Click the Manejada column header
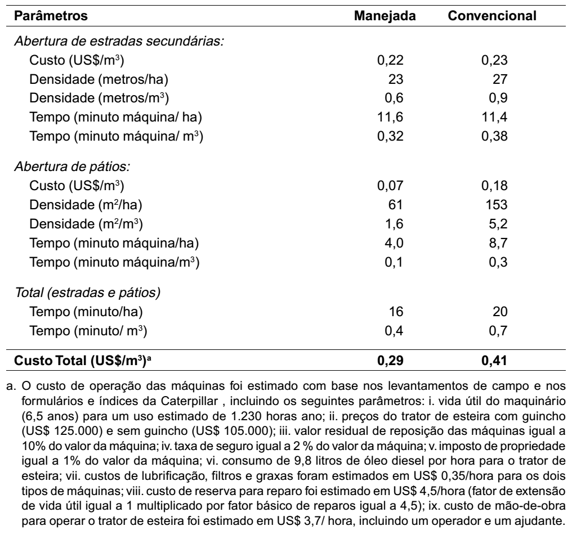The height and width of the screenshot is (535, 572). (x=385, y=16)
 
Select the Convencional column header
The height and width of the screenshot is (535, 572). (x=492, y=16)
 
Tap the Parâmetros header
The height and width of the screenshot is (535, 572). (x=51, y=16)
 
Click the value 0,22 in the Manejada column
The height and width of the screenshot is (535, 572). (x=390, y=60)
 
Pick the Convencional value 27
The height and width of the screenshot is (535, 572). (x=500, y=79)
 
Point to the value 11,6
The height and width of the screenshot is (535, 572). (x=390, y=117)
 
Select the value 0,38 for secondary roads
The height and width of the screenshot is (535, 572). (x=494, y=136)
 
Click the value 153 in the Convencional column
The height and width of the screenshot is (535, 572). (x=497, y=204)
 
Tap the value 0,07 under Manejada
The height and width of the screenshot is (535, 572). (x=390, y=186)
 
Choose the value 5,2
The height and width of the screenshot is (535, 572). (x=498, y=224)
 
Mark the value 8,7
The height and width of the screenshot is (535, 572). (x=498, y=242)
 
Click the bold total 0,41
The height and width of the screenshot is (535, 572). (x=494, y=361)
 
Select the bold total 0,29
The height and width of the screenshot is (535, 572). (x=390, y=361)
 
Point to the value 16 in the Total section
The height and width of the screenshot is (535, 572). (x=396, y=312)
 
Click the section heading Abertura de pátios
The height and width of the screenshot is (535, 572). (x=72, y=167)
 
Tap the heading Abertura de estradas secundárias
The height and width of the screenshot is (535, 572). (x=119, y=41)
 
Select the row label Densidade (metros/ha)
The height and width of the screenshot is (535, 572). (x=99, y=79)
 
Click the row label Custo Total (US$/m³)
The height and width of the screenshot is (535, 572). (x=82, y=361)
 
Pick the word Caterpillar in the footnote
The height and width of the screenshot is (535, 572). (x=189, y=401)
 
